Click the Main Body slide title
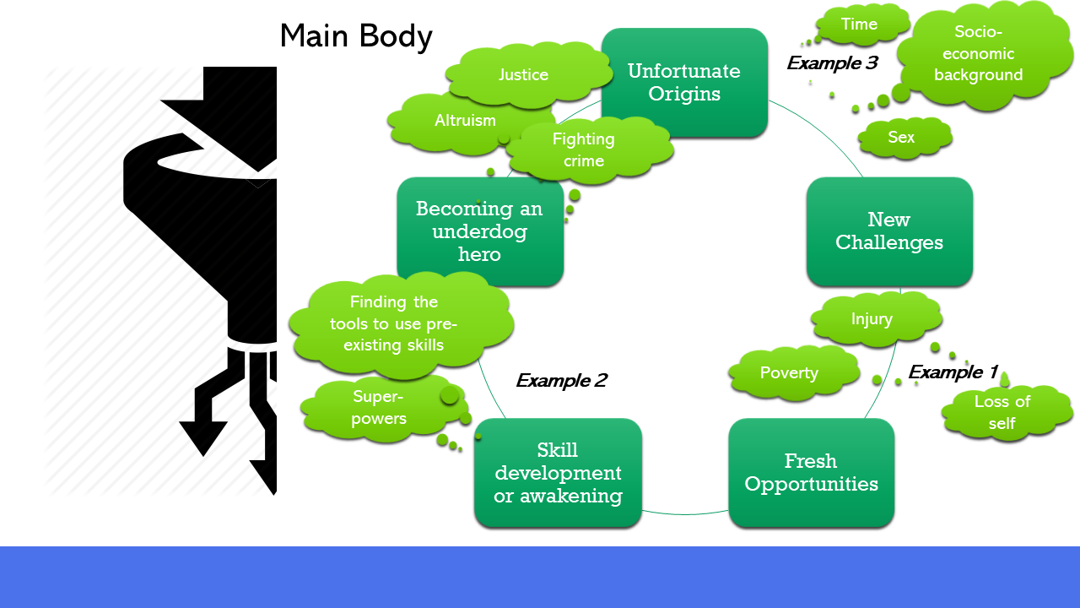pyautogui.click(x=355, y=36)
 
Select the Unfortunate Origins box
pyautogui.click(x=684, y=83)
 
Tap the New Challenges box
pyautogui.click(x=889, y=231)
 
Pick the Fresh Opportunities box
pyautogui.click(x=811, y=473)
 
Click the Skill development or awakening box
pyautogui.click(x=558, y=473)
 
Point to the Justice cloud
pyautogui.click(x=523, y=75)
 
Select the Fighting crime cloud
pyautogui.click(x=584, y=149)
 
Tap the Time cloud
pyautogui.click(x=859, y=24)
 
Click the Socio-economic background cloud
pyautogui.click(x=978, y=54)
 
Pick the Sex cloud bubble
pyautogui.click(x=901, y=138)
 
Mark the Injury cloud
pyautogui.click(x=872, y=319)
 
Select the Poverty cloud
pyautogui.click(x=789, y=373)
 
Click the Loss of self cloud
pyautogui.click(x=1002, y=412)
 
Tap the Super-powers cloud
pyautogui.click(x=379, y=408)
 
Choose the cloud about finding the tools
pyautogui.click(x=394, y=323)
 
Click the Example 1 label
pyautogui.click(x=953, y=372)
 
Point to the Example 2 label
pyautogui.click(x=561, y=381)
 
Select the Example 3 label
pyautogui.click(x=832, y=63)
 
